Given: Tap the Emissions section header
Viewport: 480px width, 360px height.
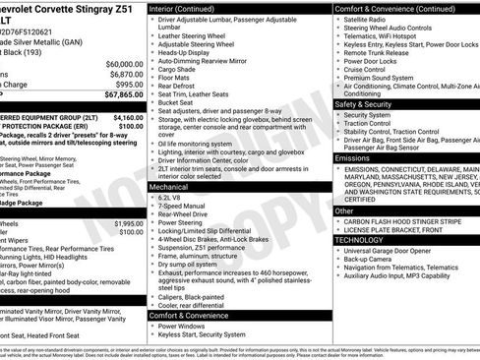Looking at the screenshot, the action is [352, 157].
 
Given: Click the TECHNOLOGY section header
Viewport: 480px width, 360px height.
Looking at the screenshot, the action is [361, 238].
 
